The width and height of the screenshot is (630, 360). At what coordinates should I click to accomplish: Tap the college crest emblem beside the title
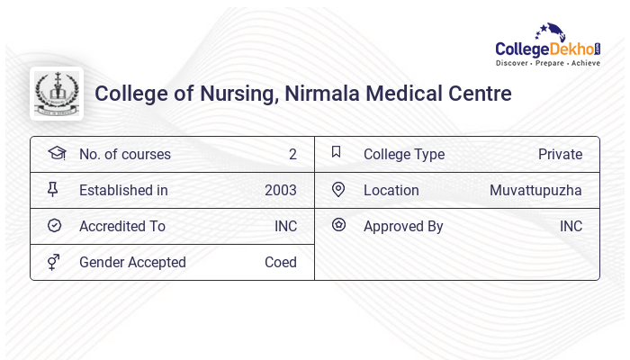(x=57, y=94)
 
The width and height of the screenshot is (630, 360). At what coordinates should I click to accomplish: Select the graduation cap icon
(x=56, y=153)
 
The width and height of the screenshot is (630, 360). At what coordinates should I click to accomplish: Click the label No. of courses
(x=124, y=154)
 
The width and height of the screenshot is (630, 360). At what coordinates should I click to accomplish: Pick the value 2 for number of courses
(x=292, y=154)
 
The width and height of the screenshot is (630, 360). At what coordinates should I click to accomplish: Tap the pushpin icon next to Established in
(x=54, y=190)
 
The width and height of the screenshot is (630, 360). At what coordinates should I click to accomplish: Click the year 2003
(x=280, y=190)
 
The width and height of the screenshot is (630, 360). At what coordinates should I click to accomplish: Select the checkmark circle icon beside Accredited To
(x=54, y=226)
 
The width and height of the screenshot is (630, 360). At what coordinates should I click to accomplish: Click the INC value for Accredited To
(x=285, y=226)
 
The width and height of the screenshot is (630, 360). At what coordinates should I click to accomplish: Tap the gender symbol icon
(x=54, y=262)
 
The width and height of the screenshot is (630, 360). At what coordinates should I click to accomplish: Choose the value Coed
(x=280, y=262)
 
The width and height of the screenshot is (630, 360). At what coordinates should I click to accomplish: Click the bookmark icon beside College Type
(x=337, y=153)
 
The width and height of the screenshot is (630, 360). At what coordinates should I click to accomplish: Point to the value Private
(x=560, y=154)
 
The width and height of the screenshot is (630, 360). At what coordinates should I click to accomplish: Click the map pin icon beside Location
(x=338, y=190)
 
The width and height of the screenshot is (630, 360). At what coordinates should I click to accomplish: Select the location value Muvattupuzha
(x=535, y=190)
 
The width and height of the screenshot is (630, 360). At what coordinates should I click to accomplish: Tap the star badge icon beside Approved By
(x=338, y=225)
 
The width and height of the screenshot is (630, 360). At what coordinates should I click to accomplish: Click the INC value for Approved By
(x=571, y=226)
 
